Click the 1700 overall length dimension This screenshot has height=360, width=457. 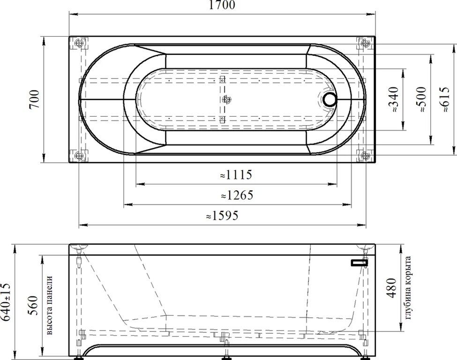pyautogui.click(x=222, y=5)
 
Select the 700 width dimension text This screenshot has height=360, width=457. pyautogui.click(x=34, y=99)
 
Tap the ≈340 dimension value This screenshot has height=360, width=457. pyautogui.click(x=393, y=100)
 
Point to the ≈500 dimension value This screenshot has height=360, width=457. pyautogui.click(x=421, y=99)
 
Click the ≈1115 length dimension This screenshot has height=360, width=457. pyautogui.click(x=236, y=174)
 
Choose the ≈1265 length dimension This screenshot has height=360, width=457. pyautogui.click(x=237, y=195)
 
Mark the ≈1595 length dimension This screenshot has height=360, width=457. pyautogui.click(x=222, y=216)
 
